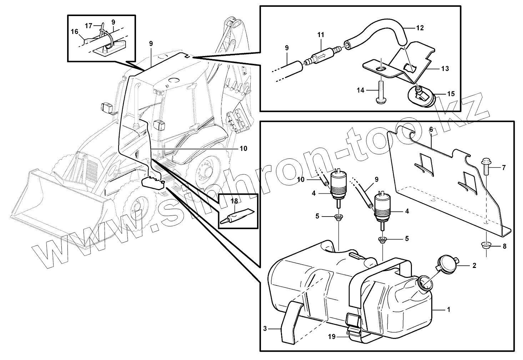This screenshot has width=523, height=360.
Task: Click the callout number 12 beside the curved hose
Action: pyautogui.click(x=420, y=27)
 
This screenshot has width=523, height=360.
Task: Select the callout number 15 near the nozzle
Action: pyautogui.click(x=451, y=94)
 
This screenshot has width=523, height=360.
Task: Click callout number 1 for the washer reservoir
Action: pyautogui.click(x=448, y=310)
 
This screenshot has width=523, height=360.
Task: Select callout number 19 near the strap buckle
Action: pyautogui.click(x=332, y=336)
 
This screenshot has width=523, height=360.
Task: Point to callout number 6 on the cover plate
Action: pyautogui.click(x=431, y=130)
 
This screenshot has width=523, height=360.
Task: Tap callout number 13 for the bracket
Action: pyautogui.click(x=445, y=69)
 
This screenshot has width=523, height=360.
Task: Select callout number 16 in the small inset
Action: pyautogui.click(x=74, y=31)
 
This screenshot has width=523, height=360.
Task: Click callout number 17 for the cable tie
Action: pyautogui.click(x=89, y=26)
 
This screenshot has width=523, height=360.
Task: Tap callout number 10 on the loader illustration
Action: pyautogui.click(x=243, y=148)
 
